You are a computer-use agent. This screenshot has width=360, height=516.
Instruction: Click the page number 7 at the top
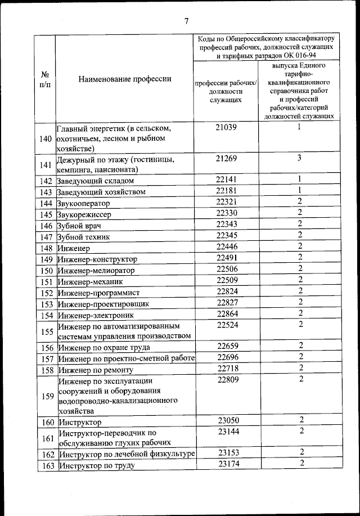click(186, 21)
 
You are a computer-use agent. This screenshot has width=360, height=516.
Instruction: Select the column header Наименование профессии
click(124, 79)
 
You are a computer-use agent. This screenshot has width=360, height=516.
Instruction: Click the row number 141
click(46, 164)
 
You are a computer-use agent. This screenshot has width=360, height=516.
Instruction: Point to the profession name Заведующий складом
click(96, 181)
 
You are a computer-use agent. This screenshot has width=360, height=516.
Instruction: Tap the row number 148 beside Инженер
click(46, 248)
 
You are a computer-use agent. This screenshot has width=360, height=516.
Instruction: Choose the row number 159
click(46, 396)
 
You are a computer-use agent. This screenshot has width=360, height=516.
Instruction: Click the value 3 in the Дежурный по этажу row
click(300, 158)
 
